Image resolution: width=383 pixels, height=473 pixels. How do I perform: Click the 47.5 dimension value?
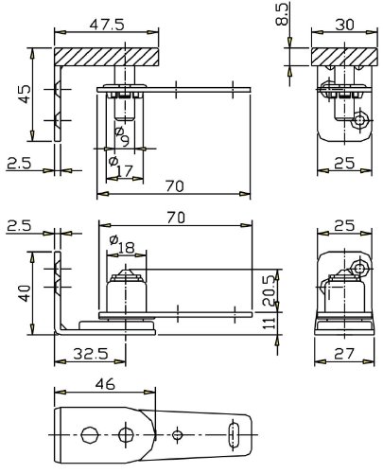click(x=107, y=25)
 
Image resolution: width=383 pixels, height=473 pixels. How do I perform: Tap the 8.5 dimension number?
click(x=282, y=13)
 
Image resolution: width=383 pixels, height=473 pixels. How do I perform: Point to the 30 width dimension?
click(x=344, y=25)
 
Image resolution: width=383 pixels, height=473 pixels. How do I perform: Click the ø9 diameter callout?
click(x=122, y=136)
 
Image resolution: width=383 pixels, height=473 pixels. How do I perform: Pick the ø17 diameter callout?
click(x=120, y=166)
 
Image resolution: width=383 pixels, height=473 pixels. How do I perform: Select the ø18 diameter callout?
click(x=122, y=244)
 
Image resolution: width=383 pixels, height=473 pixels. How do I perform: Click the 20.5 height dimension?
click(x=270, y=290)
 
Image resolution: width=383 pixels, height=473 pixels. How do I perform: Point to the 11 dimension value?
click(x=270, y=323)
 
